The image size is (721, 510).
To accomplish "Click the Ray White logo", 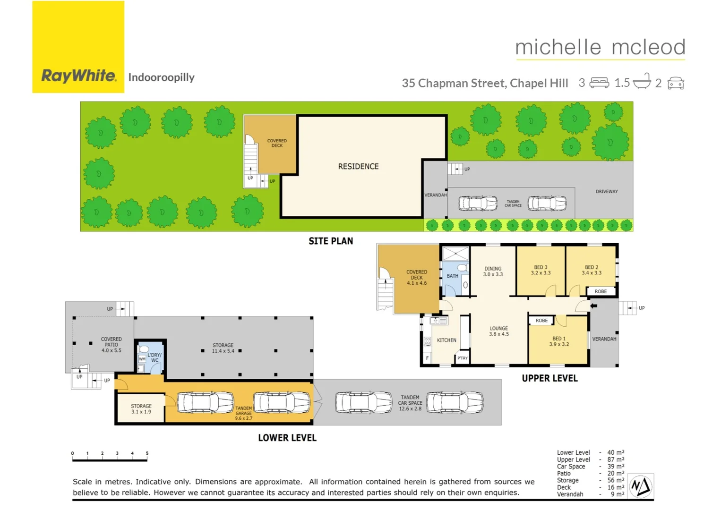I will click(78, 47).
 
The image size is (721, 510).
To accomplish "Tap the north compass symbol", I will click(641, 486).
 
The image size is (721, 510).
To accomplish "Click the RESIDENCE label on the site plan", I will click(358, 167).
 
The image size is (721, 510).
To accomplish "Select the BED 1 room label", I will click(559, 341).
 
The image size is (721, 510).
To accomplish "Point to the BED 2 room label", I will click(592, 270).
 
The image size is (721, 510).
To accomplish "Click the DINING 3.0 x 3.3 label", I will click(493, 272).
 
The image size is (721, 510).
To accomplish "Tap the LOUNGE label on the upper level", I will click(499, 331).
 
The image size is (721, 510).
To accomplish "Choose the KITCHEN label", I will click(446, 340).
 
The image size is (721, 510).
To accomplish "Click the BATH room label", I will click(453, 276).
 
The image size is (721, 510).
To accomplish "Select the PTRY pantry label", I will click(463, 358).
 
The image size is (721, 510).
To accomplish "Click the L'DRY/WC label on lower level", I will click(154, 357).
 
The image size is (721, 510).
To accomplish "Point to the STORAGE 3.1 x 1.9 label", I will click(141, 409).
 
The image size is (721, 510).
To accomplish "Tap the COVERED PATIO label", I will click(112, 345).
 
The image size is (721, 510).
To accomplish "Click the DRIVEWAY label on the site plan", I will click(607, 192).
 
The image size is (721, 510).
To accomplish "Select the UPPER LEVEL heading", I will click(549, 378).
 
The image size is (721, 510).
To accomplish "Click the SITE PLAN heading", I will click(331, 241).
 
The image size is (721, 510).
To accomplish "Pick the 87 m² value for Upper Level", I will click(616, 459).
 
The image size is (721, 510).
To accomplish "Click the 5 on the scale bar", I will click(147, 453).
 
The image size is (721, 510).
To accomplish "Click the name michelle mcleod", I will click(600, 48).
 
